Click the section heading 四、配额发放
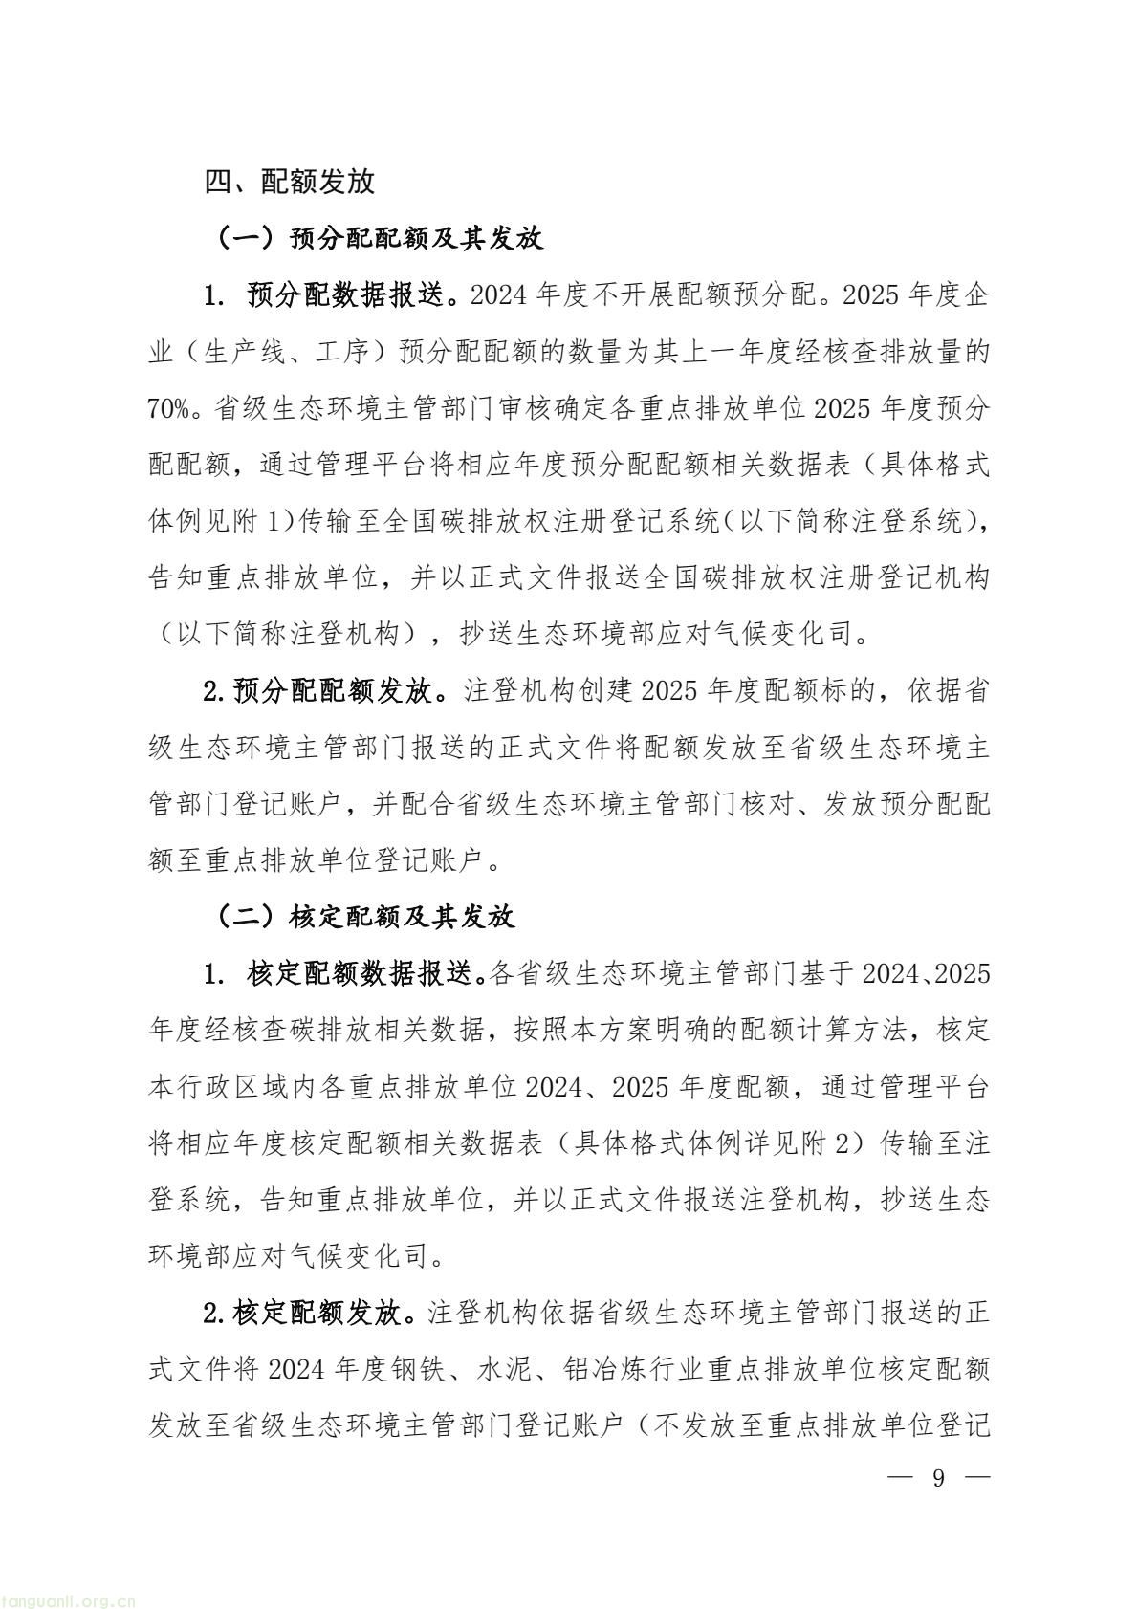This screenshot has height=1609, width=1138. [x=290, y=182]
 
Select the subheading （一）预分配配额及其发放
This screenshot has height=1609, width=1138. [x=380, y=238]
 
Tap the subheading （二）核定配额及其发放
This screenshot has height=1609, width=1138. [x=366, y=917]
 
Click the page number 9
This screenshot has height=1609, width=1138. [x=938, y=1478]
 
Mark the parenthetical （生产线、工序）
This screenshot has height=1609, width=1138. [x=273, y=353]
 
